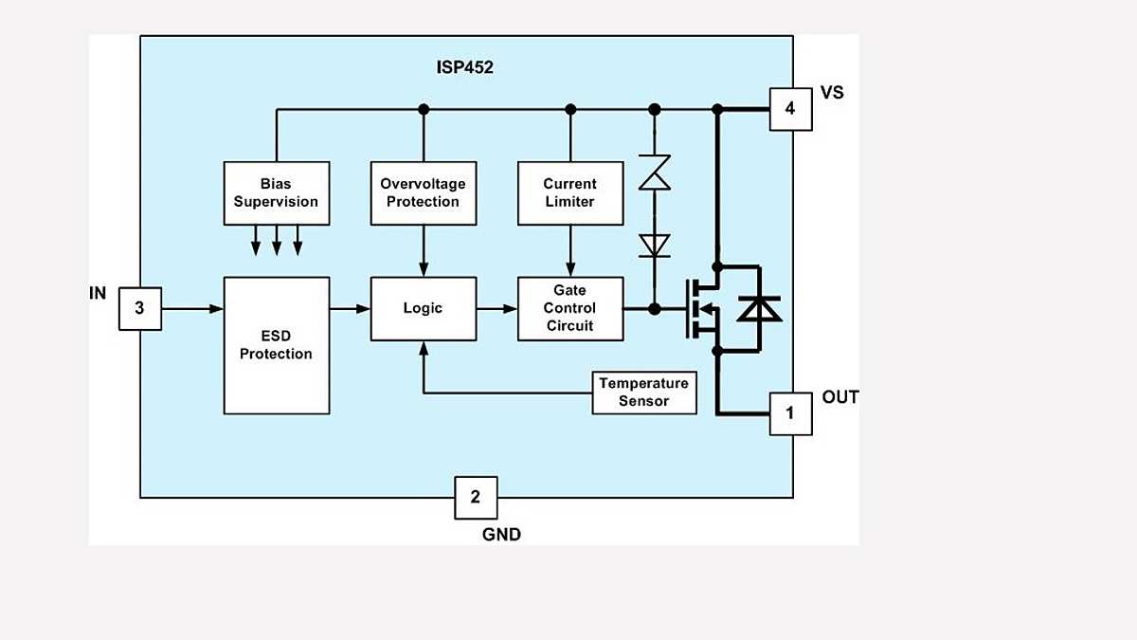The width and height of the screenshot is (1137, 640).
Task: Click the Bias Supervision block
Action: click(277, 192)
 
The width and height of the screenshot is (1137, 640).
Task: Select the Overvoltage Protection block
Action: click(423, 192)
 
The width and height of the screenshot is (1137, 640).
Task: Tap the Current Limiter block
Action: click(569, 192)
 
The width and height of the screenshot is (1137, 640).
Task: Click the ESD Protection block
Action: click(277, 345)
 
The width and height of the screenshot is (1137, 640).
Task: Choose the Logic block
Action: click(423, 308)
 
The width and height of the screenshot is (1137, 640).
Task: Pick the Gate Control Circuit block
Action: click(569, 308)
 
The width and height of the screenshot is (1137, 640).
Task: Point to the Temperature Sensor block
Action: click(644, 393)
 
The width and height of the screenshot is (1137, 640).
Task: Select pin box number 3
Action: click(140, 308)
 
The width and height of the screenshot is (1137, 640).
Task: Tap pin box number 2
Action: click(476, 497)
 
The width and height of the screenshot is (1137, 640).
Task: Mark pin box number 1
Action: click(790, 413)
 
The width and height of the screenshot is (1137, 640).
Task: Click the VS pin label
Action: click(832, 93)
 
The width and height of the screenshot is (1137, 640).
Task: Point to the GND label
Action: click(501, 534)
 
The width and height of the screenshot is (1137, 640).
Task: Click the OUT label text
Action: click(839, 397)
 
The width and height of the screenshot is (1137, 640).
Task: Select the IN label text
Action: click(98, 293)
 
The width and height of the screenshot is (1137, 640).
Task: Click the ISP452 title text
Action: click(466, 67)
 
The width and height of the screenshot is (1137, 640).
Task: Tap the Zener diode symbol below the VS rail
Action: click(654, 174)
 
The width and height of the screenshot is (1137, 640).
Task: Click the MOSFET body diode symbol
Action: click(759, 308)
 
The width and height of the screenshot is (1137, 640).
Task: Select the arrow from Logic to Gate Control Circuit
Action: click(496, 308)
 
